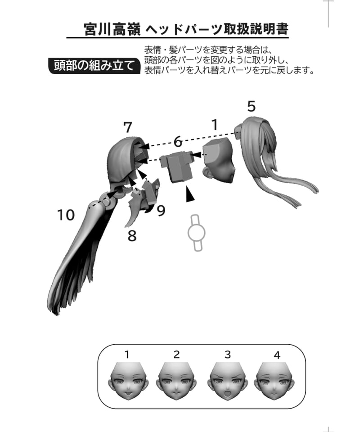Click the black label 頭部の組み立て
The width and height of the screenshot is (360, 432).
click(94, 66)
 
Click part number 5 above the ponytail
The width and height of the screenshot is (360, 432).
click(251, 106)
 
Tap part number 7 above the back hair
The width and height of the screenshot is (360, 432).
click(127, 127)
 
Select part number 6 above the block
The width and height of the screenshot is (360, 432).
click(178, 142)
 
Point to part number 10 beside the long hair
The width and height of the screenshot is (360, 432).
click(66, 215)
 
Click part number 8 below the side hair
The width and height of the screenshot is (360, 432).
click(132, 236)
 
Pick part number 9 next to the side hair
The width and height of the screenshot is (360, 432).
click(161, 211)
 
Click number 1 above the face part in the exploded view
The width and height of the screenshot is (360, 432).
click(215, 125)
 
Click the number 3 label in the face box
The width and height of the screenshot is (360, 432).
click(228, 355)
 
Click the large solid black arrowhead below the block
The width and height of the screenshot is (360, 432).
click(189, 194)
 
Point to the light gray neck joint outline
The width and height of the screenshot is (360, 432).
click(196, 233)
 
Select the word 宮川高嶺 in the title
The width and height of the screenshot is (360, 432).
click(112, 30)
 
